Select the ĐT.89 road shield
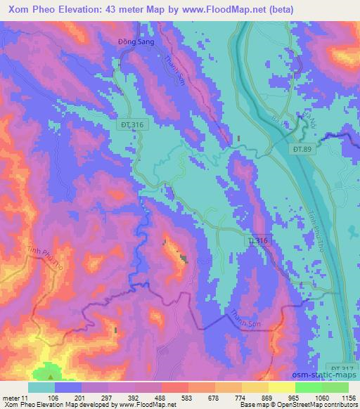tap(300, 148)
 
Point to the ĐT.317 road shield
tap(342, 368)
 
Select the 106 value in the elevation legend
tap(54, 397)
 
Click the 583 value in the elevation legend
tap(188, 397)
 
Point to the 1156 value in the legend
tap(348, 397)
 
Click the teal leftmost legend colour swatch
tap(41, 387)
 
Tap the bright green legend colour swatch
tap(309, 387)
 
